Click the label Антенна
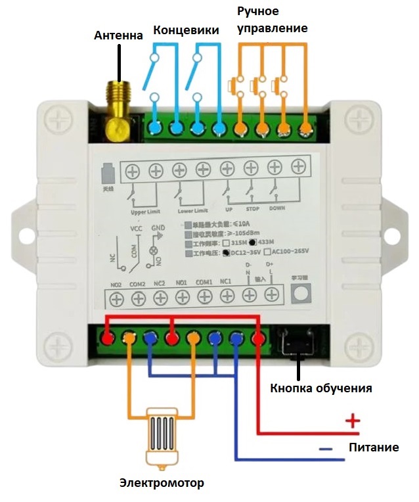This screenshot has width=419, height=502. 118,35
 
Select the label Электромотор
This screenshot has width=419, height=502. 162,484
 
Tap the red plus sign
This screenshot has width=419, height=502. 353,421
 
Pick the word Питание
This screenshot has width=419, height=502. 374,447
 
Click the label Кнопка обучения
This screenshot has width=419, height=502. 321,388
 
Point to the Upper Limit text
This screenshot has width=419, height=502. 146,212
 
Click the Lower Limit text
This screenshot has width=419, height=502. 192,212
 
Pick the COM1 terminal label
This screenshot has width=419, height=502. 204,282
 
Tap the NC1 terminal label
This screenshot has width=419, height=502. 226,282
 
